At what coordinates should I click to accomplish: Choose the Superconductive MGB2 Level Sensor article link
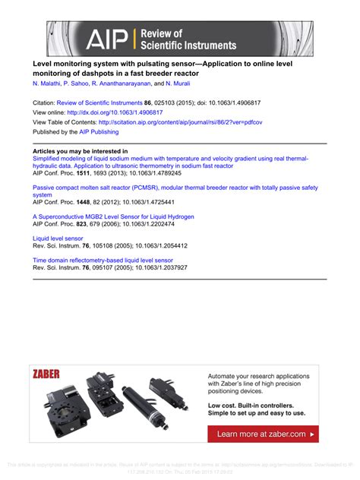(112, 216)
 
